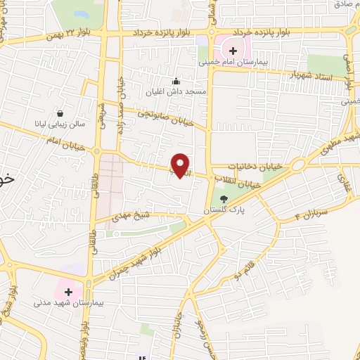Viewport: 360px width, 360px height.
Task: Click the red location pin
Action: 181,166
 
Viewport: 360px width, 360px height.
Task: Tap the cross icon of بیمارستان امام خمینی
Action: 233,51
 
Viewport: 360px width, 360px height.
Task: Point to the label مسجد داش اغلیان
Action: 179,92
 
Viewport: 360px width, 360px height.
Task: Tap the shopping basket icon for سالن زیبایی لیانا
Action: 60,113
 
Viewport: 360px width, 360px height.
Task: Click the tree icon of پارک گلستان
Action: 224,200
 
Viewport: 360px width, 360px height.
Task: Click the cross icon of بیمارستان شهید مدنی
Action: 68,290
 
